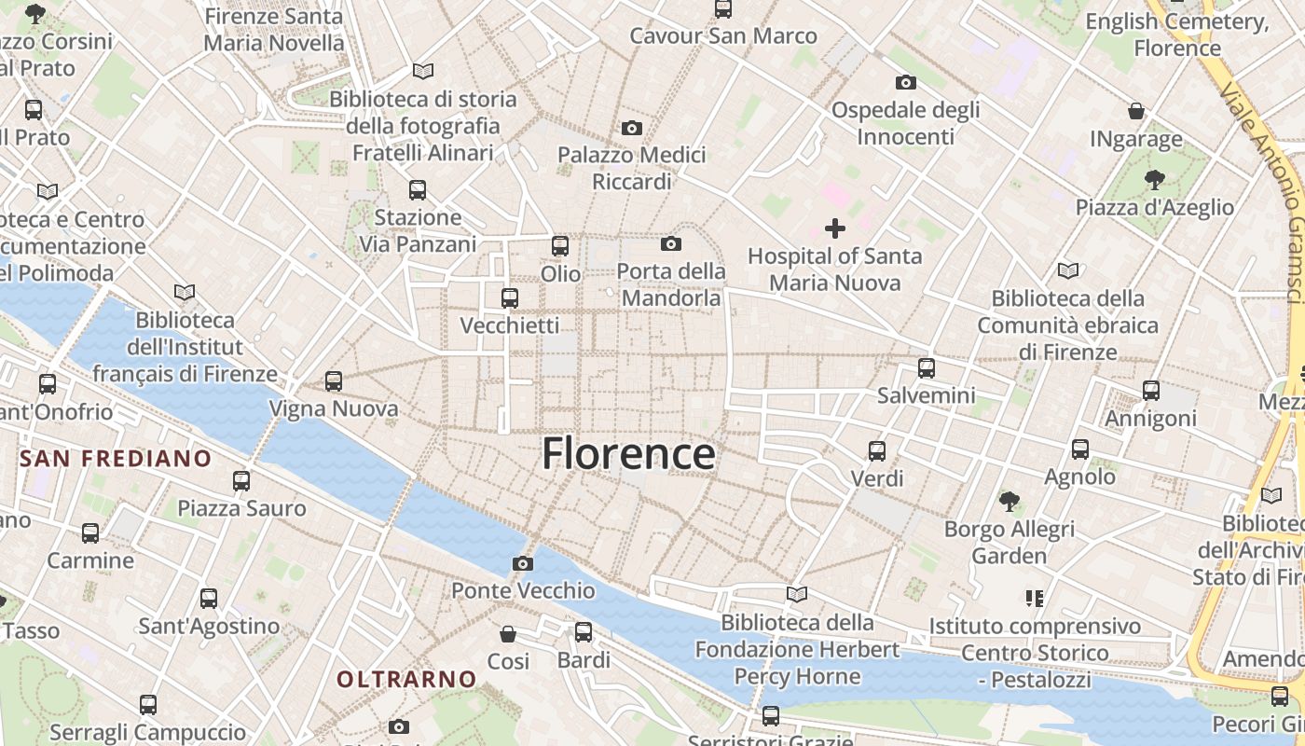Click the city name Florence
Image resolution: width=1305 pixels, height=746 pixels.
pos(628,454)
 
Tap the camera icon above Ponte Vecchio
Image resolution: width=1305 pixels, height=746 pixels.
pos(523,563)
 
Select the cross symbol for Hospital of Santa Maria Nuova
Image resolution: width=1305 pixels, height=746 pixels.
pos(835,228)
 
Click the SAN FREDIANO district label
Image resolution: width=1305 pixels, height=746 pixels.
pos(116,459)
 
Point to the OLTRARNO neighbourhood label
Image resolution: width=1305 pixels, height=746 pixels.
pos(406,680)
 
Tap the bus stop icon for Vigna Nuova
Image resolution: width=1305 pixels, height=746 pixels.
pos(334,381)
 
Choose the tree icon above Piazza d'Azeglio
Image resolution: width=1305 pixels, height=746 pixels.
pos(1155,179)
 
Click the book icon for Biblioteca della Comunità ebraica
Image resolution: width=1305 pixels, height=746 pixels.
pos(1068,270)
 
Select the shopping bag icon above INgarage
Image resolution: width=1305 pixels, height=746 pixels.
pos(1136,112)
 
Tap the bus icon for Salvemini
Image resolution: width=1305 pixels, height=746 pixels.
pos(926,368)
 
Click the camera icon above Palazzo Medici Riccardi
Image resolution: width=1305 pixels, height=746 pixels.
pos(632,128)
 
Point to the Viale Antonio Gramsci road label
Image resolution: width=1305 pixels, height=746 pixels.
pos(1263,191)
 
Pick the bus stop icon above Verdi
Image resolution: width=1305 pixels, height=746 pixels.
pos(877,451)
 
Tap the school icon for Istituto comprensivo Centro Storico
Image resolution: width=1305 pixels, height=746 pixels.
pos(1034,598)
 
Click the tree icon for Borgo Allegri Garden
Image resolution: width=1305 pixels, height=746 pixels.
pos(1009,502)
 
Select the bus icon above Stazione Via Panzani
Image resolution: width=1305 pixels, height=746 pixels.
pos(418,190)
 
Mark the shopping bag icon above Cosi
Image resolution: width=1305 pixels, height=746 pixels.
pos(508,634)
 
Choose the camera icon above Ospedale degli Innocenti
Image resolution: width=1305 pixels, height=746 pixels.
pos(905,83)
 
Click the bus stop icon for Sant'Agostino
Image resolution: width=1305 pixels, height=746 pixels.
pos(209,599)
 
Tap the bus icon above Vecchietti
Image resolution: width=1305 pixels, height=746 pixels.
pos(510,298)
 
